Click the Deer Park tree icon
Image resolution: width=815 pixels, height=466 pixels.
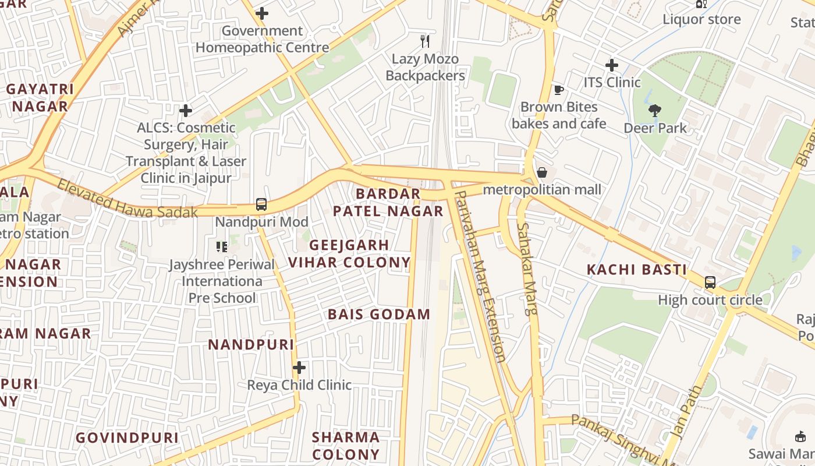[x=655, y=111]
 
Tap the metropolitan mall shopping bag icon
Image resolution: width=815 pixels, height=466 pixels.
[x=542, y=172]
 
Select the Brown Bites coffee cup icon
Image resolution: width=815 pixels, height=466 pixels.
[x=559, y=90]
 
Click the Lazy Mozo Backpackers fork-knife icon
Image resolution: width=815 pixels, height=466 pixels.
[x=425, y=41]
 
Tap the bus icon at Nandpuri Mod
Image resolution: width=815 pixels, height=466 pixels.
[x=261, y=204]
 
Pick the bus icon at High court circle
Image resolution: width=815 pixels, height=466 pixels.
[x=710, y=283]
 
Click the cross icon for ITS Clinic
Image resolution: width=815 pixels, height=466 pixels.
[x=612, y=65]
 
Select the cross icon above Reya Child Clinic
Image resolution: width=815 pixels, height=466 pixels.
[x=299, y=368]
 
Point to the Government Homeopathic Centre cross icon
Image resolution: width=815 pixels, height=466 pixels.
[x=262, y=13]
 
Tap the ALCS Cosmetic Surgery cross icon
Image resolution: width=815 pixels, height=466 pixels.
[x=186, y=110]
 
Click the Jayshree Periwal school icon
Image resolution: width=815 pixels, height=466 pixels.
[x=221, y=247]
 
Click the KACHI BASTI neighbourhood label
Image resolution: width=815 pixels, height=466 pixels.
[x=636, y=270]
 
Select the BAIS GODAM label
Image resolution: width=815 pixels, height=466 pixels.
[x=379, y=315]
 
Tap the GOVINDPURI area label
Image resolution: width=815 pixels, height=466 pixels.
[x=127, y=437]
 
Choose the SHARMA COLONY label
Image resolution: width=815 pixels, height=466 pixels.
[x=346, y=446]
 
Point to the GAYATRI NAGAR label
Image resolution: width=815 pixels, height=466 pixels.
[x=40, y=98]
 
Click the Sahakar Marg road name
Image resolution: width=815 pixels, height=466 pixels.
[x=527, y=269]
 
